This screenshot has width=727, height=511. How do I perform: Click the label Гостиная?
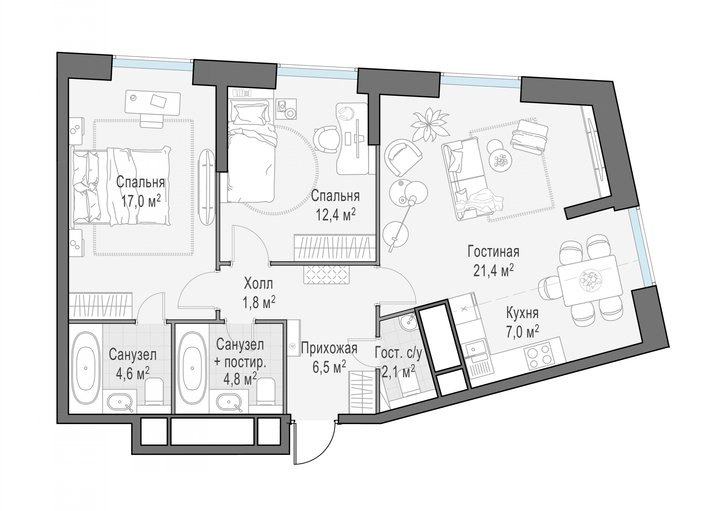[493, 252]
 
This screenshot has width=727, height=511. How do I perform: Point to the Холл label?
[258, 284]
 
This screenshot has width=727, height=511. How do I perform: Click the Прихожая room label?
[329, 349]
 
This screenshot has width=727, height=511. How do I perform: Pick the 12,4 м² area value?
[336, 215]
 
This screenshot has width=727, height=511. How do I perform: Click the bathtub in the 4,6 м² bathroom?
[86, 368]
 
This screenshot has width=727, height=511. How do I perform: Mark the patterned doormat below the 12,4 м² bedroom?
[326, 275]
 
